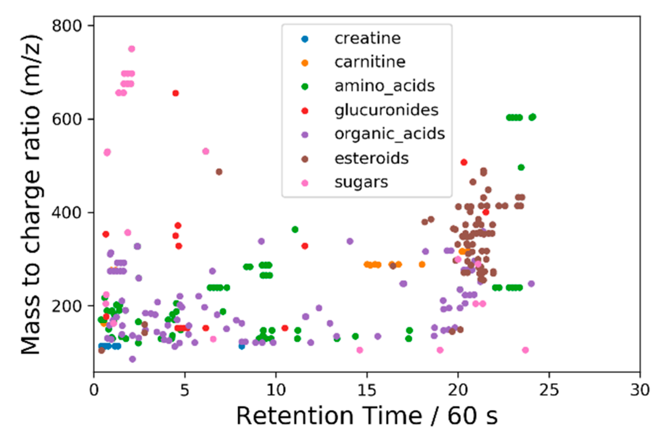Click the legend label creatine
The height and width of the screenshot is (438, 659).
(x=367, y=38)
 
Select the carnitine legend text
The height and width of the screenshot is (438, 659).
(x=370, y=62)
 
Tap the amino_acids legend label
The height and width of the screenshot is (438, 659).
(x=384, y=86)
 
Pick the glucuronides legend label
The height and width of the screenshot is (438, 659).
(x=386, y=110)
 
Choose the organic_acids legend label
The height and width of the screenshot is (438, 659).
(x=389, y=134)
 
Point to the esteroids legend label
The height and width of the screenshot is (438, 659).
(x=371, y=158)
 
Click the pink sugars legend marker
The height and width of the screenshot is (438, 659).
(x=305, y=183)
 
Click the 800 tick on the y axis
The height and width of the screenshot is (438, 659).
(x=67, y=26)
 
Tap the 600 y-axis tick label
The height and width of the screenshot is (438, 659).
(x=67, y=119)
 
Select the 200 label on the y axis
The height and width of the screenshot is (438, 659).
(x=67, y=306)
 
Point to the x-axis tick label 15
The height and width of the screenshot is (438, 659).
(x=367, y=390)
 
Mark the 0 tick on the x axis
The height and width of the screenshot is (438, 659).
(x=94, y=390)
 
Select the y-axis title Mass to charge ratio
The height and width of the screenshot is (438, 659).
(x=30, y=194)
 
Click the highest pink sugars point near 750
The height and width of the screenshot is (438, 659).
(x=132, y=49)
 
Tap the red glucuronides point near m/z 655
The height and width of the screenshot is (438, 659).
(x=176, y=93)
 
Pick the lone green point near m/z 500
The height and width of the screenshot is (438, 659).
(x=521, y=167)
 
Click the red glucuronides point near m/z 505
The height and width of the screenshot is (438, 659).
(x=464, y=162)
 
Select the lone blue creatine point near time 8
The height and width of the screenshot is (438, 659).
(x=242, y=347)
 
